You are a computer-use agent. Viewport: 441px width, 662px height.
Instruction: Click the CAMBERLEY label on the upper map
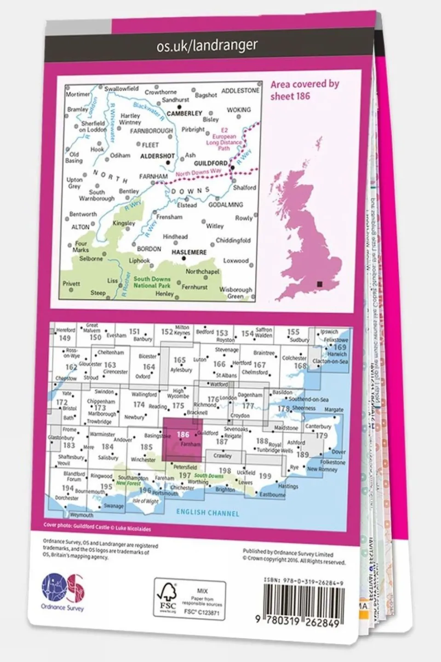point(184,113)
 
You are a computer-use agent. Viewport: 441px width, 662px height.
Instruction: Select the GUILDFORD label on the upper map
point(211,163)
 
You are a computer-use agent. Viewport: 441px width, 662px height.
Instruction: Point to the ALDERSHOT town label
point(157,156)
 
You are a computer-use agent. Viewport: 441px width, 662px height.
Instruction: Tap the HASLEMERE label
point(189,253)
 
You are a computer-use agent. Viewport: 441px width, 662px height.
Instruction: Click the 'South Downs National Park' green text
point(152,282)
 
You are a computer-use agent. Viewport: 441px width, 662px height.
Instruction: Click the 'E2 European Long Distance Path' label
point(224,139)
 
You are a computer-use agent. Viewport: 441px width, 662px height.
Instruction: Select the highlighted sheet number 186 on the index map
point(183,434)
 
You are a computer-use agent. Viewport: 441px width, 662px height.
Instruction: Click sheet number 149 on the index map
point(65,338)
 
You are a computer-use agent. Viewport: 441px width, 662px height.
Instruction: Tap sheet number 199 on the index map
point(265,476)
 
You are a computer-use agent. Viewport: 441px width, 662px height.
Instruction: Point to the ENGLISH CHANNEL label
point(207,513)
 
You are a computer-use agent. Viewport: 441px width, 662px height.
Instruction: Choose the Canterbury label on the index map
point(318,426)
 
